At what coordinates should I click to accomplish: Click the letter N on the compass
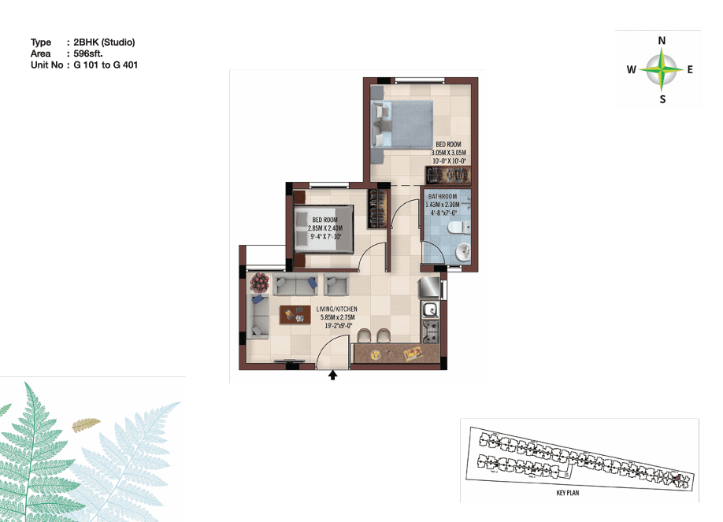tap(662, 41)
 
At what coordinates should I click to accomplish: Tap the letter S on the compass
tap(662, 99)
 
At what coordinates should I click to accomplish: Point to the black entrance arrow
tap(332, 375)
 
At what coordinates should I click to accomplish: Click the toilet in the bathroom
tap(458, 228)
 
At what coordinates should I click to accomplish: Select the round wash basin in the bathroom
tap(462, 252)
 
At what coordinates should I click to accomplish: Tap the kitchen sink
tap(430, 310)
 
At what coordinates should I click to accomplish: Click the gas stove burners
tap(431, 332)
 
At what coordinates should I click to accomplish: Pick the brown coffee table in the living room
tap(295, 314)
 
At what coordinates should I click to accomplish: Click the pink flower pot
tap(260, 282)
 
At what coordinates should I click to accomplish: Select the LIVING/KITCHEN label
tap(336, 309)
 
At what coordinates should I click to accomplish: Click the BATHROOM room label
tap(443, 197)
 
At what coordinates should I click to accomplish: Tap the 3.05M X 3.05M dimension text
tap(449, 153)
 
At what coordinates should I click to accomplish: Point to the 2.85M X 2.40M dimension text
tap(325, 228)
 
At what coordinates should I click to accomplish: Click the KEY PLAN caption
tap(568, 493)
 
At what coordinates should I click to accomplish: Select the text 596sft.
tap(88, 54)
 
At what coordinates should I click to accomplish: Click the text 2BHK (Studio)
tap(104, 43)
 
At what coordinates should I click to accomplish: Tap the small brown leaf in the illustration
tap(86, 424)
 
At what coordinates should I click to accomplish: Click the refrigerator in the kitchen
tap(429, 287)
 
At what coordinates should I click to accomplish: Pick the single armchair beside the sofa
tap(336, 284)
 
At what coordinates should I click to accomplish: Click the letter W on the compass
tap(631, 69)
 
